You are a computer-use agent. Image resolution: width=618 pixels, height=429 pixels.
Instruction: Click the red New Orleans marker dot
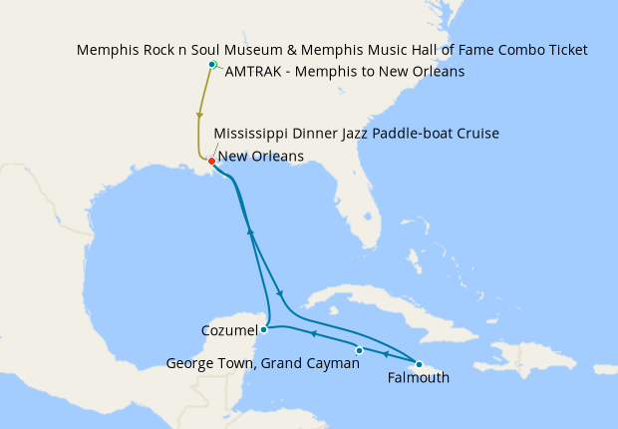click(211, 161)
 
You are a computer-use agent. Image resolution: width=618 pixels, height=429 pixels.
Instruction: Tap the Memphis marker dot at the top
click(211, 65)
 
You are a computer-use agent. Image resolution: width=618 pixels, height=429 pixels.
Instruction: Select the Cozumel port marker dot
click(263, 329)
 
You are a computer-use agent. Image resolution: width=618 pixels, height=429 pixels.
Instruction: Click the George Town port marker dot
click(359, 350)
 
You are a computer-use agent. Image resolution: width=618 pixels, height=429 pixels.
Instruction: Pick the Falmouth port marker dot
click(420, 364)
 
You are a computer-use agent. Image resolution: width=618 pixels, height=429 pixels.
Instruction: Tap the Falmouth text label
click(419, 378)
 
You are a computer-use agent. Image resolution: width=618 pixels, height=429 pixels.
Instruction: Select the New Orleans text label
click(261, 156)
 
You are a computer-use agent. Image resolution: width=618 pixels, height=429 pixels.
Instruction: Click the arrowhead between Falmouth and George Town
click(386, 352)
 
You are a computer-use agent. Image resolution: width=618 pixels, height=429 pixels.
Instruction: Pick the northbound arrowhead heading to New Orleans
click(250, 232)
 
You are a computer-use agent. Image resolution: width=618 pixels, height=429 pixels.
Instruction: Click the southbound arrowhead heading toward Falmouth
click(280, 293)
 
